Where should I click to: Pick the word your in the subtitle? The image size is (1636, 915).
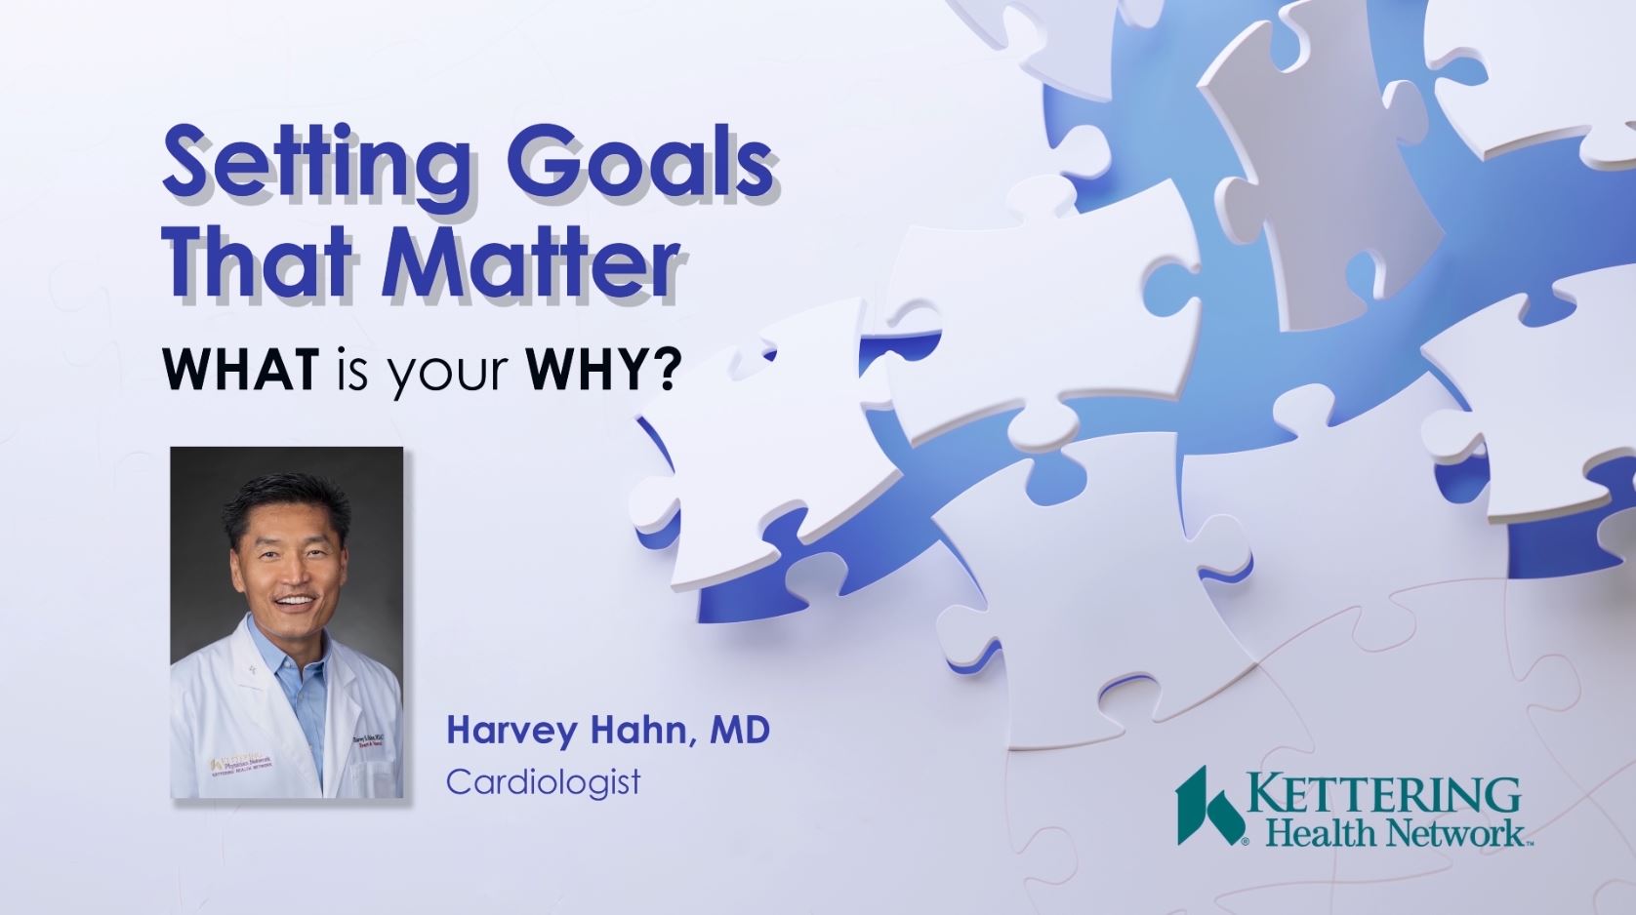point(449,373)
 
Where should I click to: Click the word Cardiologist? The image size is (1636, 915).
point(544,782)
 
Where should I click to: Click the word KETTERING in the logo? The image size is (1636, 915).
point(1384,795)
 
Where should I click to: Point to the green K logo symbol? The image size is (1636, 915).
point(1208,806)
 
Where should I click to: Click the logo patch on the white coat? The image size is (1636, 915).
point(244,763)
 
